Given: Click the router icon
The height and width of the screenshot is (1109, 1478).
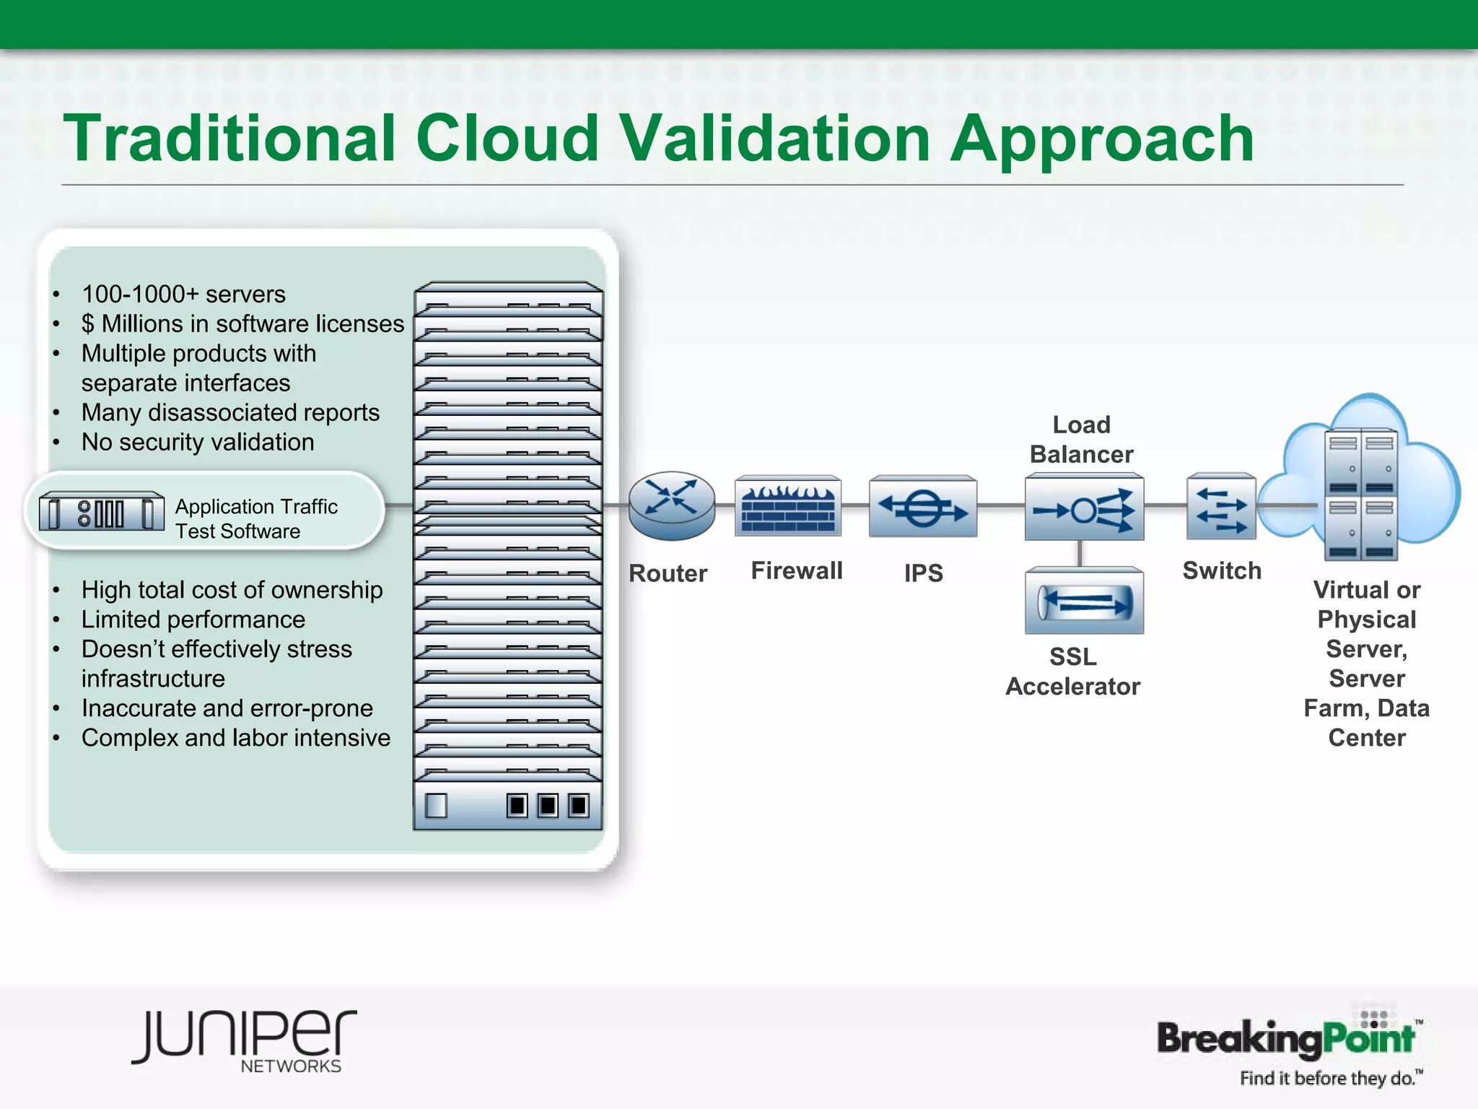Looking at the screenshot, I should [671, 505].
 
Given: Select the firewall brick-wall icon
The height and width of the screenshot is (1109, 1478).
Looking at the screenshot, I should [788, 506].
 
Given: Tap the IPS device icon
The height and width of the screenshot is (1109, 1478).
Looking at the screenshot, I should [923, 507].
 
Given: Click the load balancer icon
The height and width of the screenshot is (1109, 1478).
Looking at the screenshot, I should [1084, 508].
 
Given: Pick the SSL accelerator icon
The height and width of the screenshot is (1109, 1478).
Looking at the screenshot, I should [1084, 601].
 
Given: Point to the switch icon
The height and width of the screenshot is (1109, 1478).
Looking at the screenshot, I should [1221, 507].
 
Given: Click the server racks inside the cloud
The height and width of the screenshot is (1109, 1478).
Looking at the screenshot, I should [1361, 495].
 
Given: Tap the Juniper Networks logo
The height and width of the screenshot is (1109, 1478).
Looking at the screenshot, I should [244, 1040].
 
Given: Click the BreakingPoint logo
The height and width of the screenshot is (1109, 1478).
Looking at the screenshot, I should [1286, 1038].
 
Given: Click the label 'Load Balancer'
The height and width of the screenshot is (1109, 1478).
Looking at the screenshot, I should [1081, 440].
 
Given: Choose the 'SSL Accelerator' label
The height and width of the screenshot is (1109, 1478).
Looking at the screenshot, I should [1073, 671].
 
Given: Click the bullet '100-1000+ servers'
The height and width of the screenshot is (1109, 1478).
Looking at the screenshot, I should [183, 295].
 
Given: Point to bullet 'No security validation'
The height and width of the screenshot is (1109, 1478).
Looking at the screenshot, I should [198, 443].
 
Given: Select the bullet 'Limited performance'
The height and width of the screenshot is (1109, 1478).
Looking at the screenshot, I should [193, 620].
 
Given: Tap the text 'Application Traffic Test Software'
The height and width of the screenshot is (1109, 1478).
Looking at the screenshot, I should [255, 519].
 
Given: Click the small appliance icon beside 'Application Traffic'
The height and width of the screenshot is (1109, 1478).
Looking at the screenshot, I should [101, 513].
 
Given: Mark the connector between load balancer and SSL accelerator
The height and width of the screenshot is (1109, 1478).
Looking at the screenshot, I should [1080, 554].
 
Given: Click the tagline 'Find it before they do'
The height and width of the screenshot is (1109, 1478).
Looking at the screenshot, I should [1328, 1079].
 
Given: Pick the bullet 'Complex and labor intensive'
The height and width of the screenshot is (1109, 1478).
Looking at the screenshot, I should [235, 739].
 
